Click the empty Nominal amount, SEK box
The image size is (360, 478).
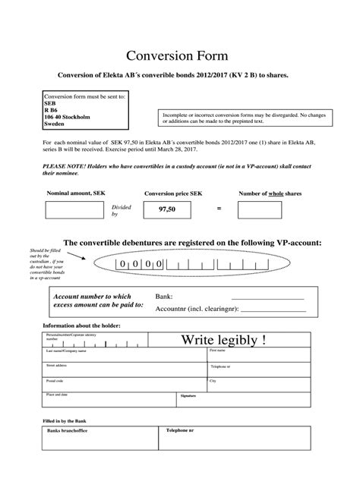pos(75,210)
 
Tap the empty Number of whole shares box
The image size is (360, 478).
pos(270,210)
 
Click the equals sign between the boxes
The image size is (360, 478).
pos(219,208)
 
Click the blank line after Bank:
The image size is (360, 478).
pos(261,297)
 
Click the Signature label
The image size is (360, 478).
pos(188,396)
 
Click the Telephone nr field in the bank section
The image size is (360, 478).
pos(235,439)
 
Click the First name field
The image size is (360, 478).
pos(259,355)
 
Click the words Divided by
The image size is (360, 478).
pos(120,210)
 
